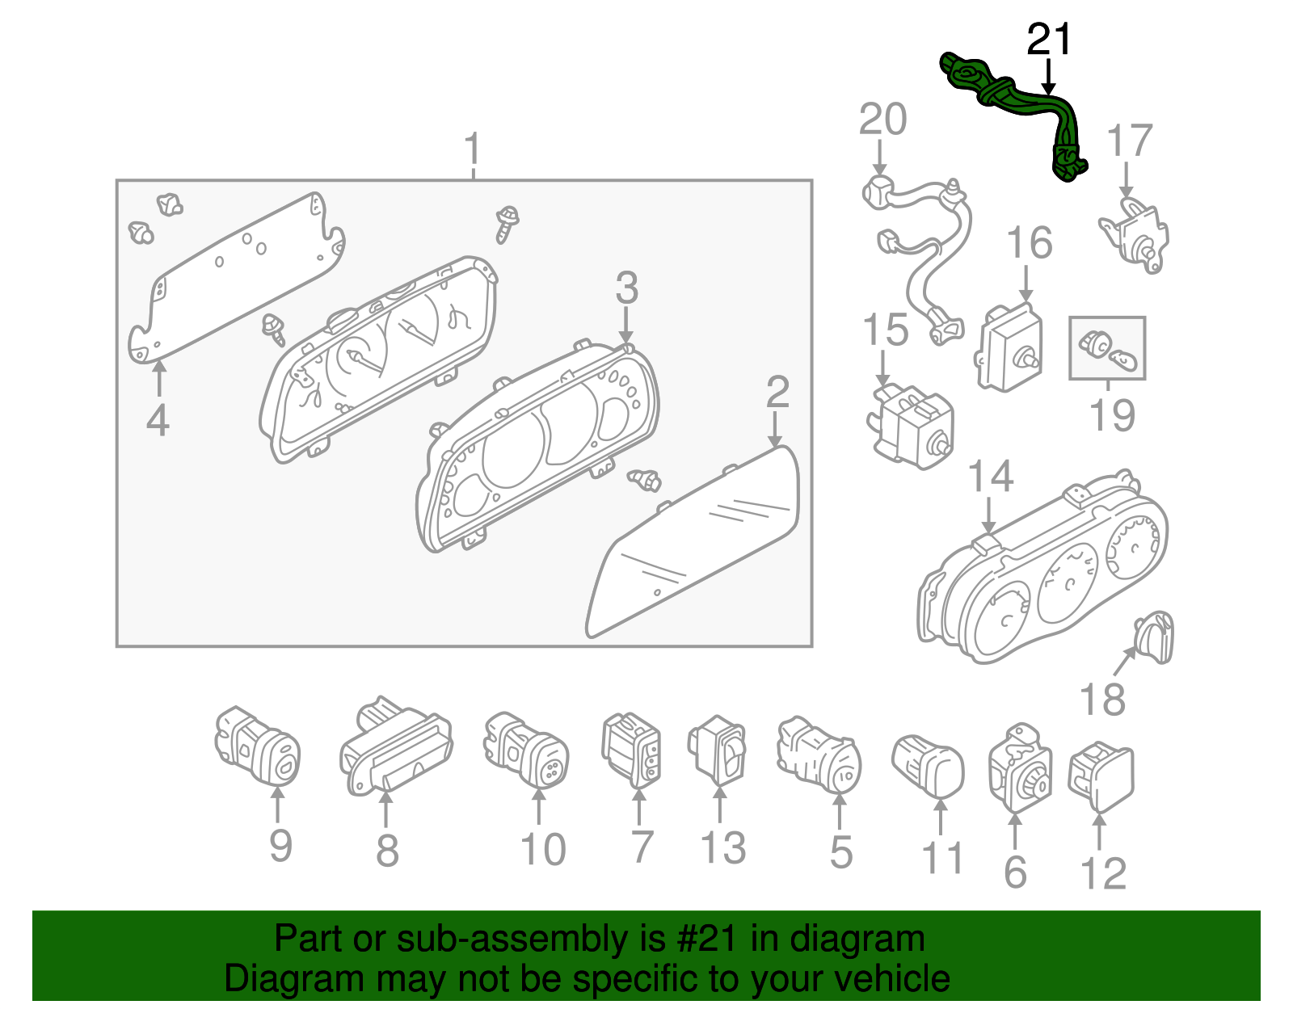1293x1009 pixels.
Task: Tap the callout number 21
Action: point(1049,40)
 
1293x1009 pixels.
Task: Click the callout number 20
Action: point(882,120)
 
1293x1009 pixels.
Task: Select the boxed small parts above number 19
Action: point(1107,348)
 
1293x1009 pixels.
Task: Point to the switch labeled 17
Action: point(1135,236)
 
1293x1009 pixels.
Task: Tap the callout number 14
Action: point(990,477)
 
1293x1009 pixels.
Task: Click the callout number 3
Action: point(626,288)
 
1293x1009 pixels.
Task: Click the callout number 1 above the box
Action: point(473,149)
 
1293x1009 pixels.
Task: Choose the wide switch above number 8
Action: point(396,747)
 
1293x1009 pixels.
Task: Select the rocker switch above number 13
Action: point(718,750)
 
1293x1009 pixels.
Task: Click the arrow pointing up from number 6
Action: point(1015,830)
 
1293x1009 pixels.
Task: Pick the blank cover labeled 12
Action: point(1101,775)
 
